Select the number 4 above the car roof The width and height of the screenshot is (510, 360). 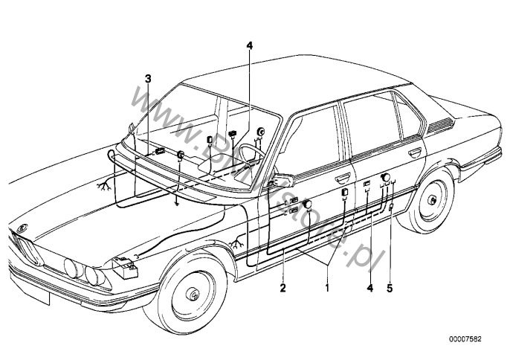coord(250,46)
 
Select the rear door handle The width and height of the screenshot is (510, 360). coord(413,152)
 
